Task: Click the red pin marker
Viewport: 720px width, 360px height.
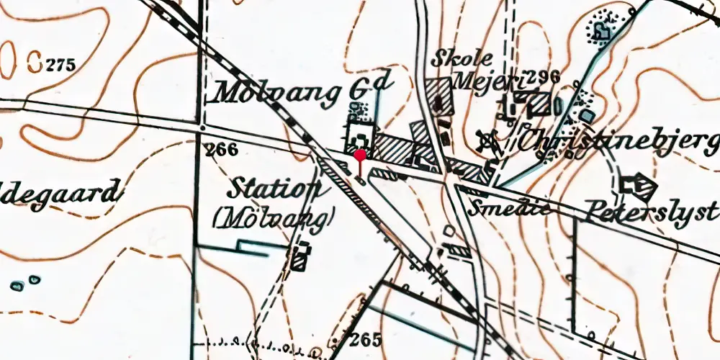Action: pyautogui.click(x=359, y=155)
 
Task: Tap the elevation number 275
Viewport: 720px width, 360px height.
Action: pyautogui.click(x=60, y=66)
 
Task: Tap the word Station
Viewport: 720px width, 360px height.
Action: pyautogui.click(x=274, y=190)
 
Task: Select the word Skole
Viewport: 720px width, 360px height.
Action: pyautogui.click(x=462, y=59)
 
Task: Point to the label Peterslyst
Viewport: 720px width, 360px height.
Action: pyautogui.click(x=652, y=212)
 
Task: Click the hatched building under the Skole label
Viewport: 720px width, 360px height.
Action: pyautogui.click(x=439, y=96)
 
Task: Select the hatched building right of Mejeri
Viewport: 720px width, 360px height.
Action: pyautogui.click(x=541, y=105)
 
